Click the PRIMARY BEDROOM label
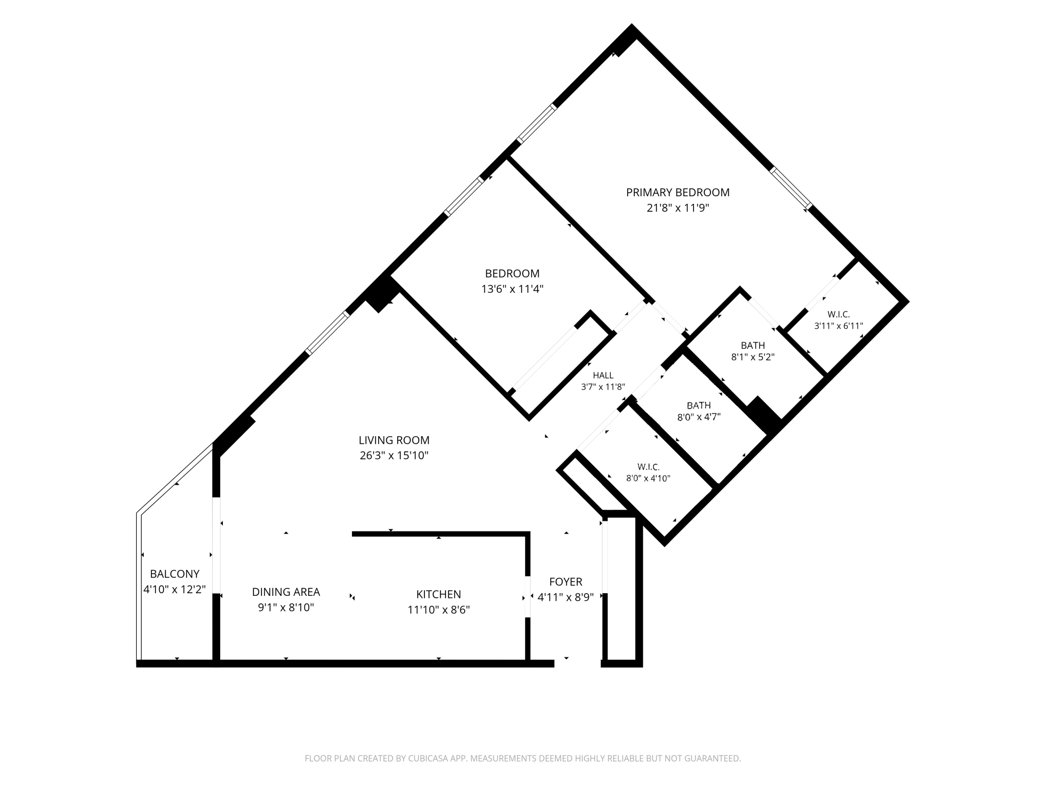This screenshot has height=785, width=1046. [677, 192]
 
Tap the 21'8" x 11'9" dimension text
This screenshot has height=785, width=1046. [677, 208]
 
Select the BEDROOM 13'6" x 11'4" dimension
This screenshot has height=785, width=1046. [512, 289]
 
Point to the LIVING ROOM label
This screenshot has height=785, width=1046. [394, 440]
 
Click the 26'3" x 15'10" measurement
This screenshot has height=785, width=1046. [394, 456]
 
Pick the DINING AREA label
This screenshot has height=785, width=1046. [286, 592]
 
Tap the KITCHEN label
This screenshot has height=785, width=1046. [439, 594]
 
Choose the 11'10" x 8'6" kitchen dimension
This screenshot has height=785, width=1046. [439, 610]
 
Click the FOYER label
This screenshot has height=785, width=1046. [566, 582]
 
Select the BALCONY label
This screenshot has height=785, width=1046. [175, 574]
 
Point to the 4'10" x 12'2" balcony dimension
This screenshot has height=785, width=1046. [175, 589]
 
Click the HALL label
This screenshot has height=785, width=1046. [603, 375]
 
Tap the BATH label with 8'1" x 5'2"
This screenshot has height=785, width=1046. [753, 346]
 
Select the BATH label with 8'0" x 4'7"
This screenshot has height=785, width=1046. [699, 406]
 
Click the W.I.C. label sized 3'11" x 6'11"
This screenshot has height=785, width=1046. [838, 315]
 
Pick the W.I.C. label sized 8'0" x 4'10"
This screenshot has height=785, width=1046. [648, 467]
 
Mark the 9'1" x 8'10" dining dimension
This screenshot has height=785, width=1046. [286, 608]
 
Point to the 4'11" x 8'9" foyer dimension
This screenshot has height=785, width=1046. [566, 597]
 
